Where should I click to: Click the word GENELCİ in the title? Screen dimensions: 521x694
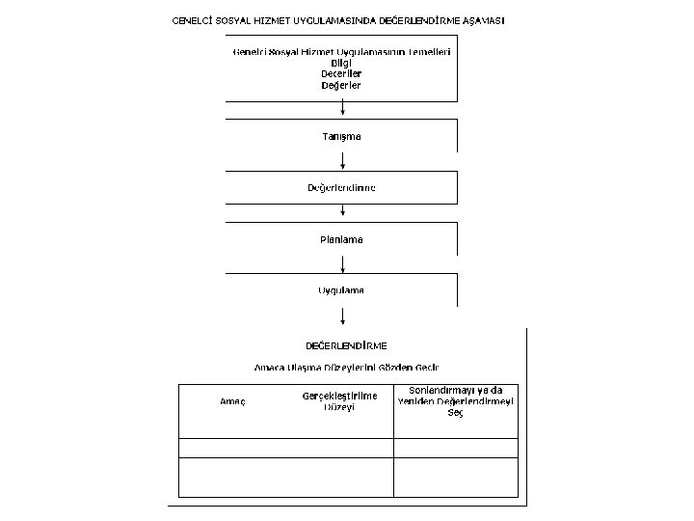(194, 20)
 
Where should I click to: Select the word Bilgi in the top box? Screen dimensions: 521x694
(342, 62)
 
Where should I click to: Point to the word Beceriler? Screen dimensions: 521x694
(342, 73)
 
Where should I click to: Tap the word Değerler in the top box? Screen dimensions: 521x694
(342, 85)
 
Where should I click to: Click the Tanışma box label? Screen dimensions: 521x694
(342, 136)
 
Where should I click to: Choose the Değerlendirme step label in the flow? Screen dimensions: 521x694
(342, 187)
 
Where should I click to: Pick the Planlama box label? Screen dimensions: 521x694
(342, 238)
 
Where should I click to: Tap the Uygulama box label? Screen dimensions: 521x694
(342, 289)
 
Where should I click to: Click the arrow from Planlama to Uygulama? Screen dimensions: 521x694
(343, 263)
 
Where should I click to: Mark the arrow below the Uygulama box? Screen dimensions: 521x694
(343, 315)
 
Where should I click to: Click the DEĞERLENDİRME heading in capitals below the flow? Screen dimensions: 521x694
(346, 344)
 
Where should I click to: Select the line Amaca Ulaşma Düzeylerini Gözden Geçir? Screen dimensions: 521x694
(346, 368)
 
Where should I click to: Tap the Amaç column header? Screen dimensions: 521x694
(234, 401)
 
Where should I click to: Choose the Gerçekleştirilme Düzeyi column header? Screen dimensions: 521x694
(340, 401)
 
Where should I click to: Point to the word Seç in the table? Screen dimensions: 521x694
(456, 413)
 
